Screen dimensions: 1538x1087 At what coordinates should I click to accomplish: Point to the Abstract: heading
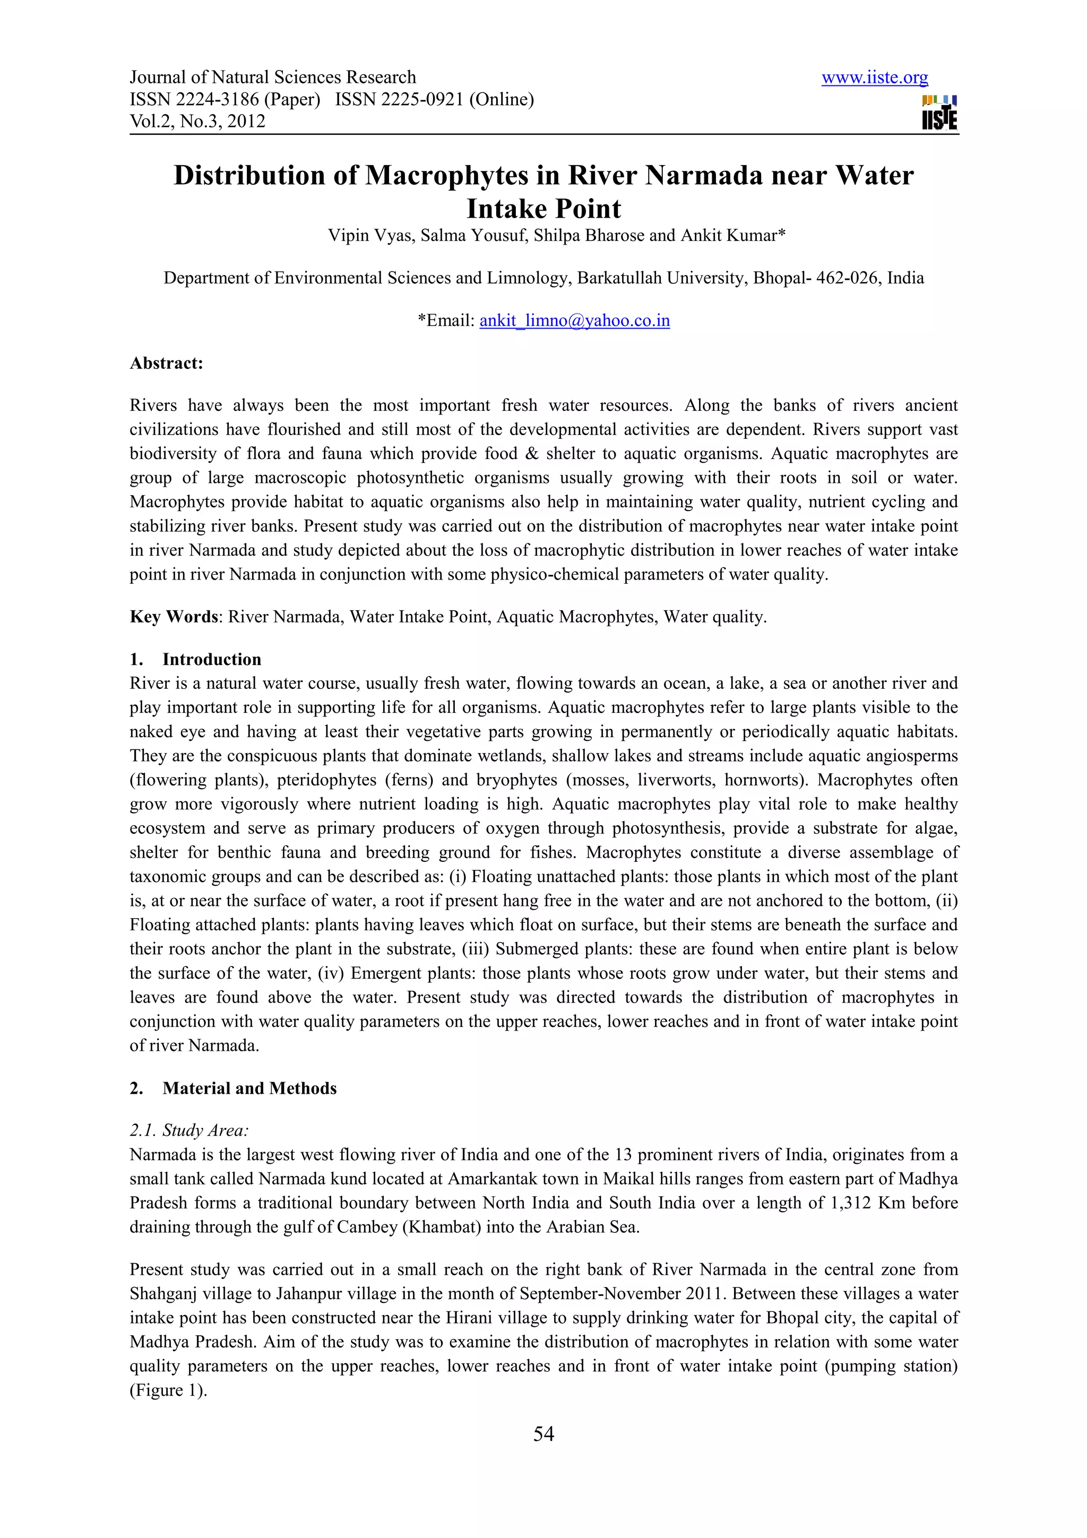tap(166, 363)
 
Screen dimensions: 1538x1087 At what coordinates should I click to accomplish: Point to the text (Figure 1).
tap(168, 1390)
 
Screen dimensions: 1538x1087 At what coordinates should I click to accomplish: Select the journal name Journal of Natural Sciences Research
tap(273, 77)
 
